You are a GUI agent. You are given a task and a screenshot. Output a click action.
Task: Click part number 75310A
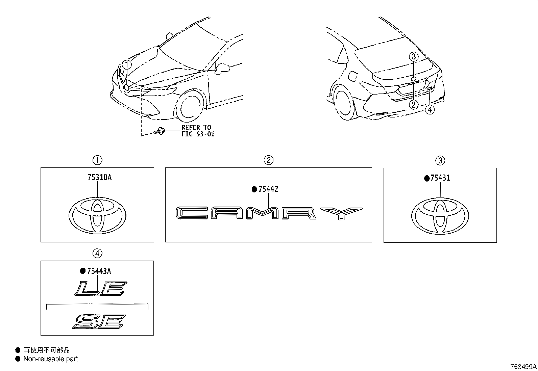tap(99, 177)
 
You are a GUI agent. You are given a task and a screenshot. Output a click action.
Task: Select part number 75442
tap(268, 189)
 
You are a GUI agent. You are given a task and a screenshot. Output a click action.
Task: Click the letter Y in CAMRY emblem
tap(341, 213)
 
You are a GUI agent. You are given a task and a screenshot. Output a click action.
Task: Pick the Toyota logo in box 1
tap(97, 215)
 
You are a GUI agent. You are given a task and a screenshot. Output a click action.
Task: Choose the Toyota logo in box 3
tap(440, 215)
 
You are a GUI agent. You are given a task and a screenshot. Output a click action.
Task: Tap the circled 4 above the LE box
tap(97, 253)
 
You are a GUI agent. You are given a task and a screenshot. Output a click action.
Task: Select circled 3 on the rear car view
tap(414, 57)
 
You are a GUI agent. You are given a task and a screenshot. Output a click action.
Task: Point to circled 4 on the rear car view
tap(430, 110)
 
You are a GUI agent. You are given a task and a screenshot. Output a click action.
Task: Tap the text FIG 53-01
tap(198, 134)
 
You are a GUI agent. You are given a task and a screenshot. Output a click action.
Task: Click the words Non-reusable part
tap(51, 359)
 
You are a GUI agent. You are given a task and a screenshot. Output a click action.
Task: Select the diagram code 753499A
tap(523, 366)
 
